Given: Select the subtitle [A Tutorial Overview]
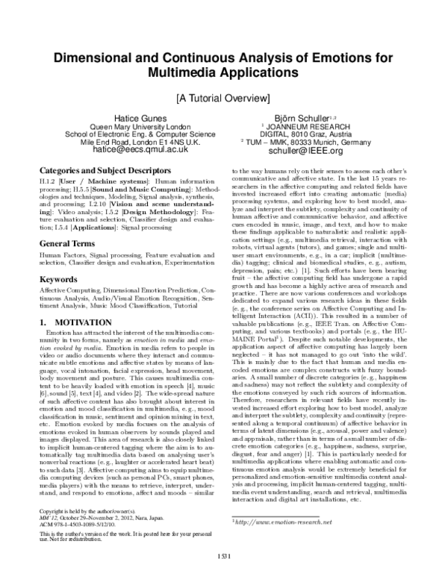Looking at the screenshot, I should [223, 97].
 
